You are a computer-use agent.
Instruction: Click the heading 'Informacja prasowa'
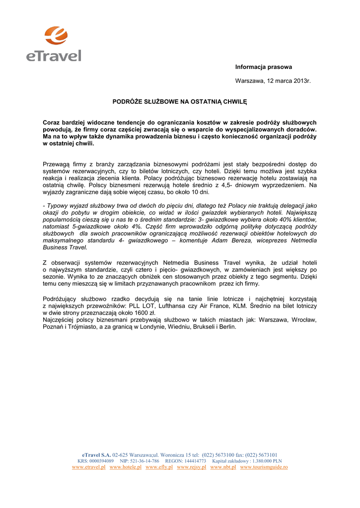(263, 67)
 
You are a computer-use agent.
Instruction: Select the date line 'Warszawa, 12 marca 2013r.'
(273, 80)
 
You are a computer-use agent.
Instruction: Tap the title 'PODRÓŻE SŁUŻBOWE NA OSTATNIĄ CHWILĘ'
(179, 101)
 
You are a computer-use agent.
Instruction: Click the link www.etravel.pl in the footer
(88, 467)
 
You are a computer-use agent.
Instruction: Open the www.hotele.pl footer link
(125, 467)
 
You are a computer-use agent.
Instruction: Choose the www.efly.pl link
(159, 467)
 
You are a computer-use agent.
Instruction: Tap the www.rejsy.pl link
(191, 467)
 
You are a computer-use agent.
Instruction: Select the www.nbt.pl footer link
(223, 467)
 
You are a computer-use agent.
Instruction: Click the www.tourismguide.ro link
(264, 467)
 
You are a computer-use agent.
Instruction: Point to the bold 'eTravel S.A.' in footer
(96, 454)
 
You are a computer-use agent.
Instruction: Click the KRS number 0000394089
(101, 461)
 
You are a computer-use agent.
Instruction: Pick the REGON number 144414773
(191, 461)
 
